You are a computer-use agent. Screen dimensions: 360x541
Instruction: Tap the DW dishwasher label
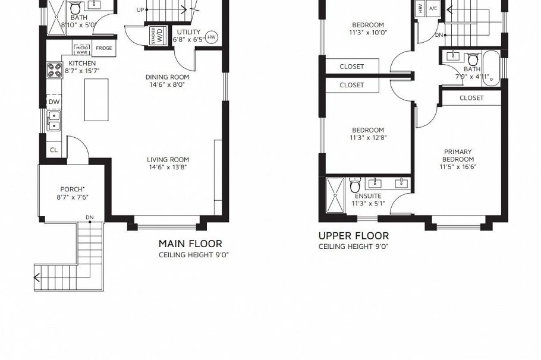[x=54, y=102]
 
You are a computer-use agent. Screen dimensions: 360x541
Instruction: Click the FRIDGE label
[x=104, y=48]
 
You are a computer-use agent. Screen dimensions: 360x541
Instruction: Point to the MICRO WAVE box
[x=81, y=49]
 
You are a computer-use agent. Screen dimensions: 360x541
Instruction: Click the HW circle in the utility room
[x=212, y=36]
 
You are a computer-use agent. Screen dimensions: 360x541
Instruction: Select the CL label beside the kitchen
[x=54, y=150]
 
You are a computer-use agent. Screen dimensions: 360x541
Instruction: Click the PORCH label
[x=72, y=189]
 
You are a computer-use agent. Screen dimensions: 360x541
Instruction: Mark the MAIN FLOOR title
[x=190, y=244]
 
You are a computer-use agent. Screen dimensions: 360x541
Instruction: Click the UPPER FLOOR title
[x=354, y=236]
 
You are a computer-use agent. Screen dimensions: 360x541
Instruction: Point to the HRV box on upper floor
[x=421, y=8]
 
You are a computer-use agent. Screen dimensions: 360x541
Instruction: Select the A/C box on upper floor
[x=433, y=8]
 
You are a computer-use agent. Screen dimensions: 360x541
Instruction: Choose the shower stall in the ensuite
[x=336, y=194]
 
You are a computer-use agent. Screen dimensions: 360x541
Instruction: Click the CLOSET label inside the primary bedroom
[x=471, y=97]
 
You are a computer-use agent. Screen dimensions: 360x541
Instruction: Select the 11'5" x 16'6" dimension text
[x=458, y=167]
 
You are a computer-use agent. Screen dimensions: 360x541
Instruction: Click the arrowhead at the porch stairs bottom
[x=37, y=277]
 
